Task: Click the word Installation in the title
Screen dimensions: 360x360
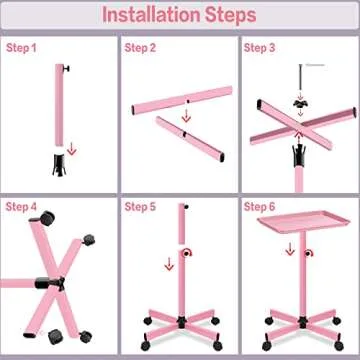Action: (x=151, y=16)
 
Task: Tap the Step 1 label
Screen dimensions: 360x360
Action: (x=22, y=47)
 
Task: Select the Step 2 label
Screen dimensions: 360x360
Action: (x=141, y=47)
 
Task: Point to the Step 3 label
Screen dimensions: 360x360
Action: (x=261, y=47)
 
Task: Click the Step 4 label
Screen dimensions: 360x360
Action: (x=22, y=207)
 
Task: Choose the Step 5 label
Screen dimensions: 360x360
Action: (x=141, y=207)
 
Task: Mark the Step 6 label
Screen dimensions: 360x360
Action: (x=261, y=207)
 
